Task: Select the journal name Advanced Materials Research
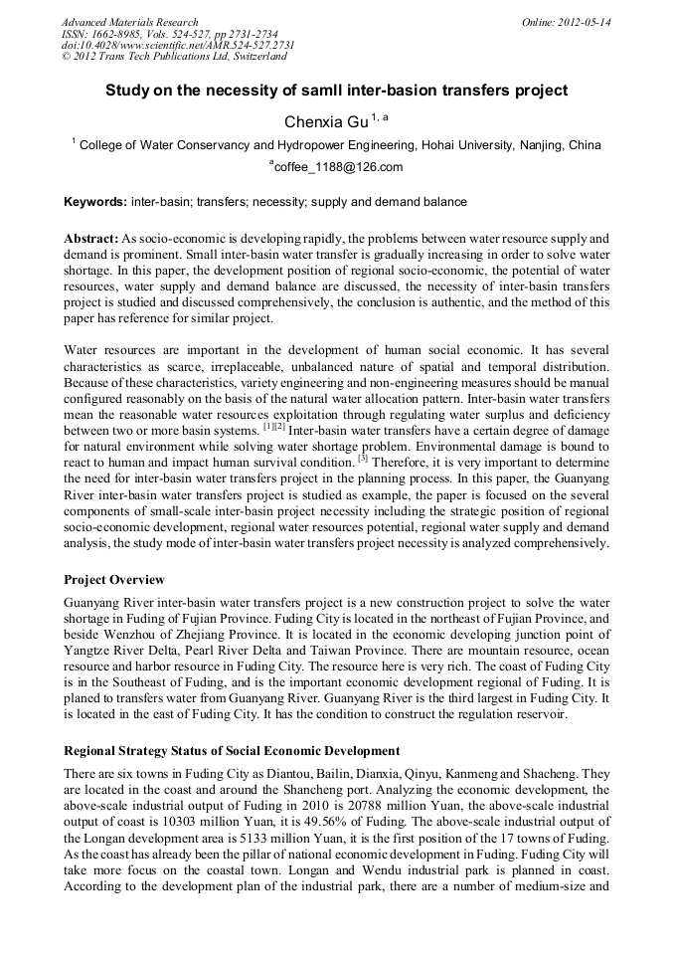coord(129,22)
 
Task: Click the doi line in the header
coord(178,46)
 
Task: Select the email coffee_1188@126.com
coord(339,167)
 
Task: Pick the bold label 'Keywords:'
coord(95,202)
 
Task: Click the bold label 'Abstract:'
coord(91,240)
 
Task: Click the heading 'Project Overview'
coord(114,579)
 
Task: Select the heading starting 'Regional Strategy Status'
coord(232,750)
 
